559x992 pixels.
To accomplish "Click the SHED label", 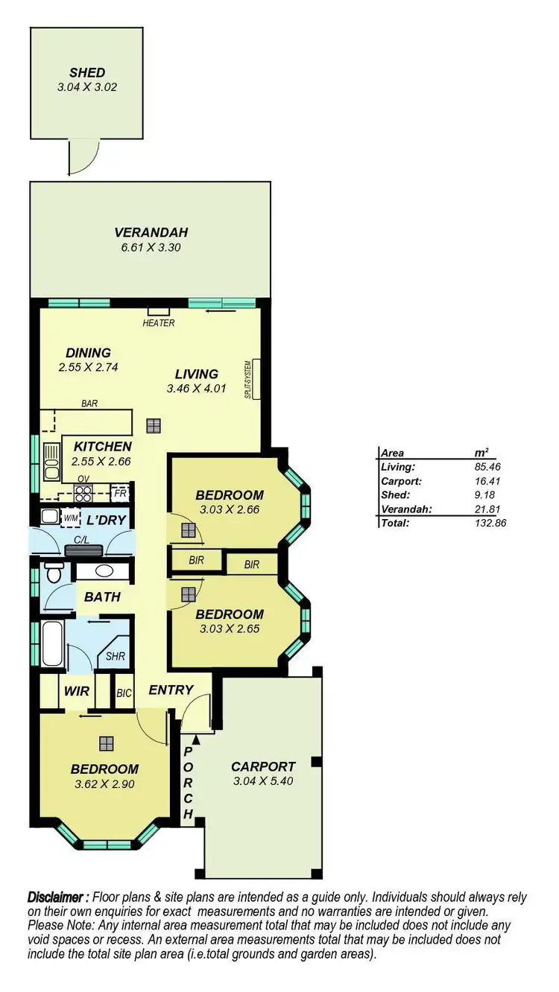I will pyautogui.click(x=87, y=73).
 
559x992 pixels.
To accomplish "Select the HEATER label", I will pyautogui.click(x=159, y=323).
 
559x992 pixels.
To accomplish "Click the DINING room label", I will pyautogui.click(x=88, y=353).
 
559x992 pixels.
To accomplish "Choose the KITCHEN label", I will pyautogui.click(x=102, y=447).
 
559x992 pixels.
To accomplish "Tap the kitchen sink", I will pyautogui.click(x=52, y=462).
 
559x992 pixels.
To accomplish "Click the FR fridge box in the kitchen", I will pyautogui.click(x=119, y=493).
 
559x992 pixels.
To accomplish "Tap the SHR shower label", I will pyautogui.click(x=115, y=657).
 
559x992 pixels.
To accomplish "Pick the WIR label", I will pyautogui.click(x=76, y=691).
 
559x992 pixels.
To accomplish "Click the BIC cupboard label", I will pyautogui.click(x=124, y=693).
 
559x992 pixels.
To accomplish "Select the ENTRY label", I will pyautogui.click(x=171, y=690).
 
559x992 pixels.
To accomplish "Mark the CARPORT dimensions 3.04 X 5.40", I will pyautogui.click(x=263, y=781).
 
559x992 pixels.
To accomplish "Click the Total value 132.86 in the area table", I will pyautogui.click(x=485, y=524).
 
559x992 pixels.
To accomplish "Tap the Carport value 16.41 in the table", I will pyautogui.click(x=485, y=481).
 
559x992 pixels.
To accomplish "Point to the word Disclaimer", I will pyautogui.click(x=58, y=896).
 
